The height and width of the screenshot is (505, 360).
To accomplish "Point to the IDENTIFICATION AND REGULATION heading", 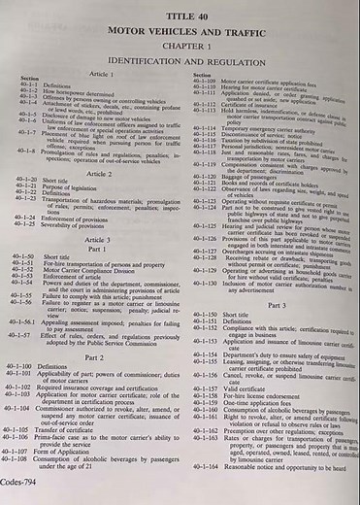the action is tap(184, 60).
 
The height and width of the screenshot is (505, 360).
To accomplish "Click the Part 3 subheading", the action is tap(277, 304).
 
